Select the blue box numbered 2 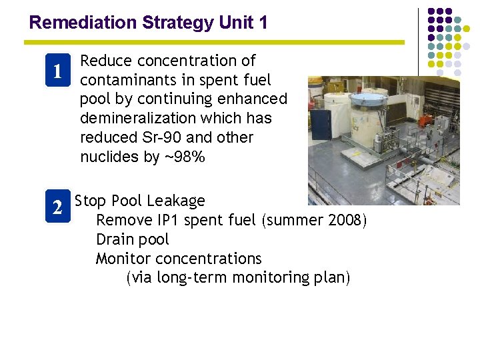(x=58, y=208)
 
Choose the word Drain (x=115, y=239)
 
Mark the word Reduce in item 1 (x=102, y=61)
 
